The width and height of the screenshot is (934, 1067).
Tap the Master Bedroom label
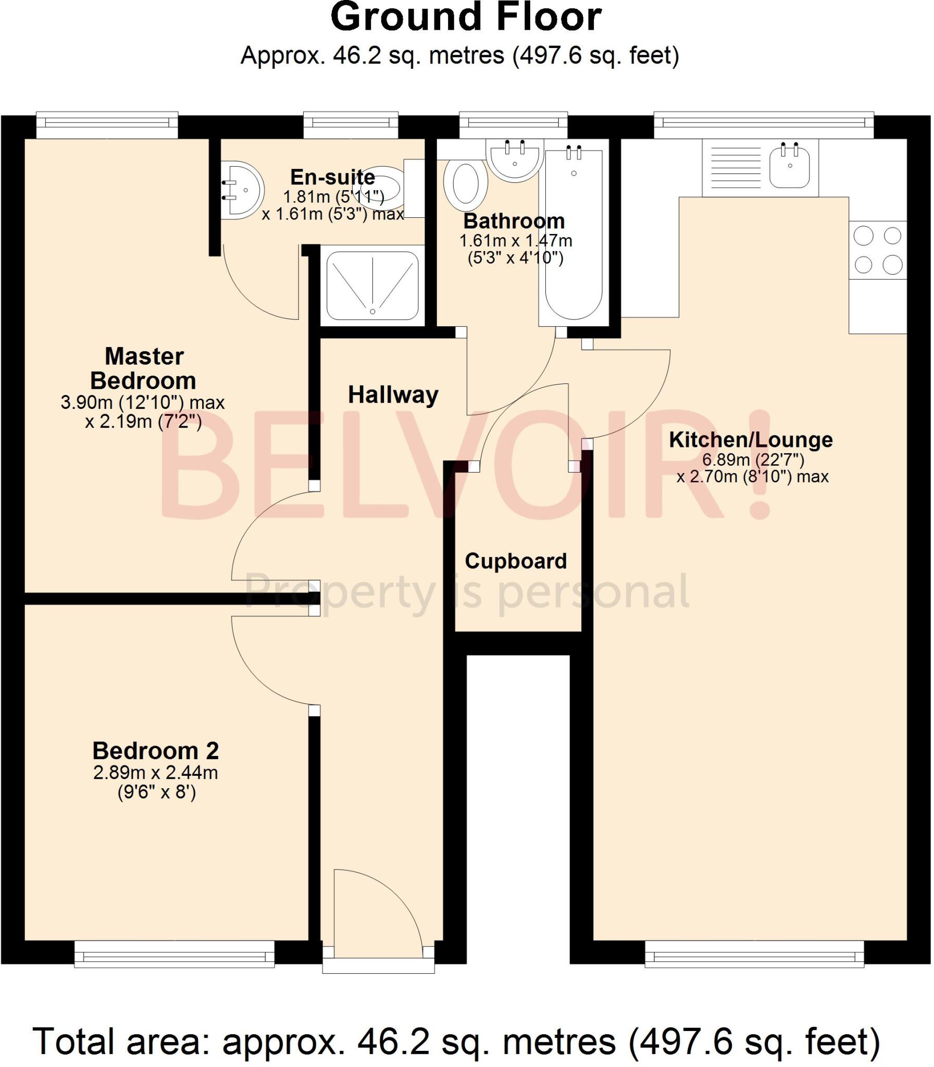(x=143, y=368)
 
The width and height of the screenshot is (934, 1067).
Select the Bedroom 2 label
(x=155, y=751)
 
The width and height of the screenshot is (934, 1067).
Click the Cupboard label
(x=516, y=561)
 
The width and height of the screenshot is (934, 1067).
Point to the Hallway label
(x=392, y=394)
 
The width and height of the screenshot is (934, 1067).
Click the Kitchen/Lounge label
(x=751, y=439)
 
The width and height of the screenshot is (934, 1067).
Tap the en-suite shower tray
(x=372, y=286)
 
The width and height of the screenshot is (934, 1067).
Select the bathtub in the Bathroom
(x=574, y=234)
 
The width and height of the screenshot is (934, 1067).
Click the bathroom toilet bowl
(x=465, y=183)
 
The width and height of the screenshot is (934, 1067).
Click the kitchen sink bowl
(x=790, y=167)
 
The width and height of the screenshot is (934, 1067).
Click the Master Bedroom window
(x=107, y=124)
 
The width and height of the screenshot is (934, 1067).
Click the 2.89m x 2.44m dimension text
(x=155, y=773)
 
